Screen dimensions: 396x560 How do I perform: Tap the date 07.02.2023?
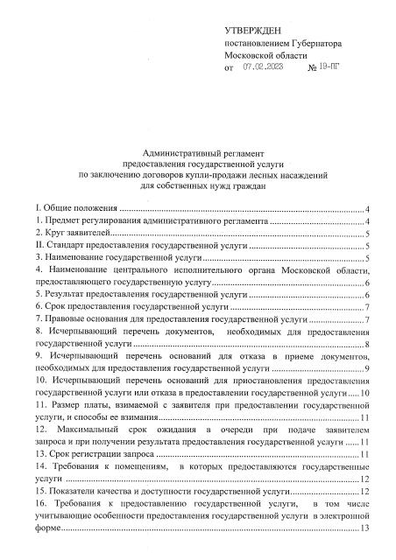(263, 66)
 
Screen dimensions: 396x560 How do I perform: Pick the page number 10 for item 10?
(363, 394)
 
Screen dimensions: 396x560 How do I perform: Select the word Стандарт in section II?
(60, 247)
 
